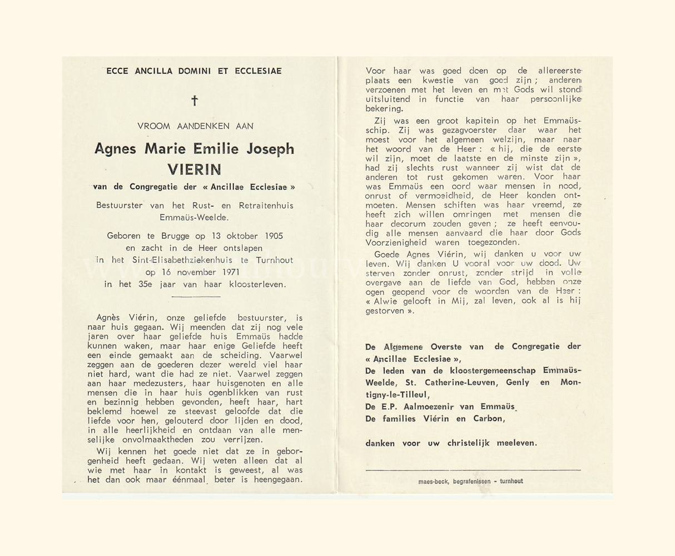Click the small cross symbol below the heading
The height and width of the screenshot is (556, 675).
tap(195, 101)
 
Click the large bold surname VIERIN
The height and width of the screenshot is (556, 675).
tap(194, 169)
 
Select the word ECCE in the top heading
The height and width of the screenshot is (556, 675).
tap(117, 71)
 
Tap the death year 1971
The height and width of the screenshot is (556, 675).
tap(230, 272)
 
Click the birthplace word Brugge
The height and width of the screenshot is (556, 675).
tap(175, 236)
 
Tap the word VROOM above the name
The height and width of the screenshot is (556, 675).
tap(153, 126)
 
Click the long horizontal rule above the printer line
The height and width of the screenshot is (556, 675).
tap(473, 470)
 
